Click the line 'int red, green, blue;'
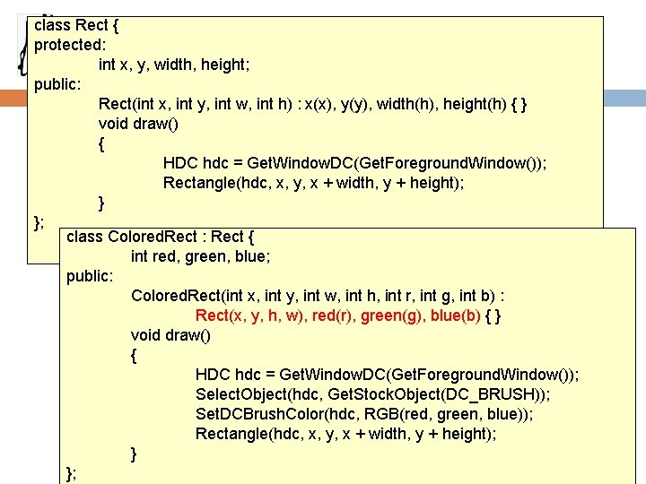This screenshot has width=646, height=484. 200,256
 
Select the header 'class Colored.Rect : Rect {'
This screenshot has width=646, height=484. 160,237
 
